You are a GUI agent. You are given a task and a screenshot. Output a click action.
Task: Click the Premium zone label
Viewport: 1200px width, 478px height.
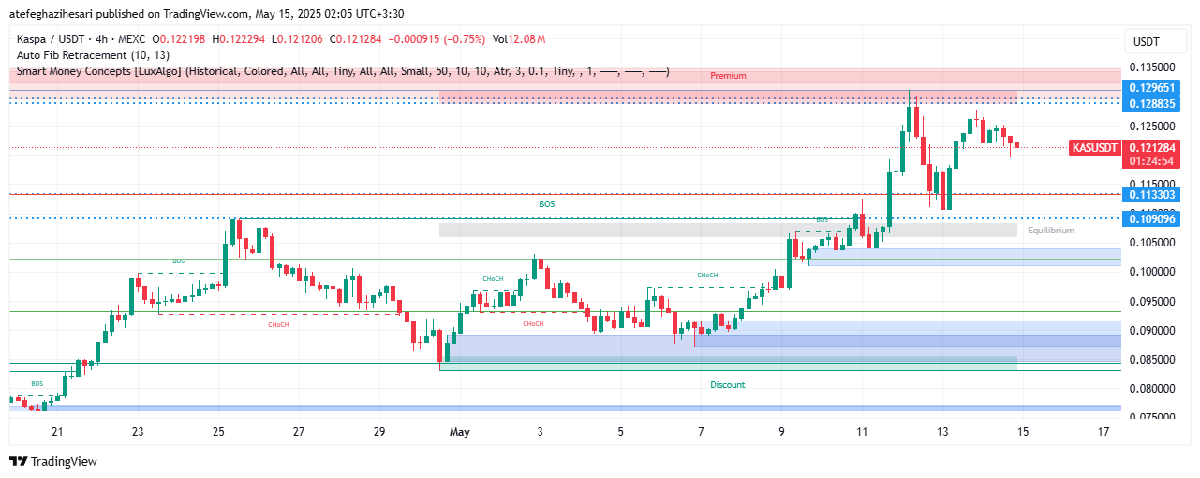pyautogui.click(x=728, y=75)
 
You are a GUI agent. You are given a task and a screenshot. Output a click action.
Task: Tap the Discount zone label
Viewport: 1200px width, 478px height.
pyautogui.click(x=728, y=385)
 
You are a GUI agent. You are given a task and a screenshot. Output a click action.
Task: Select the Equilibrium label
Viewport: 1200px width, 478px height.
pyautogui.click(x=1051, y=230)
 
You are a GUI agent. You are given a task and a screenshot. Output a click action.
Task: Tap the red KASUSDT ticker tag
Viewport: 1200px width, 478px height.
pyautogui.click(x=1095, y=147)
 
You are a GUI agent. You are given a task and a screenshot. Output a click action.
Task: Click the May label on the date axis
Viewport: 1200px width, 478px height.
pyautogui.click(x=459, y=432)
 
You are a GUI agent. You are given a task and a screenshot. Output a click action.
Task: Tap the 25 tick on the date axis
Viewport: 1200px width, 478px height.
pyautogui.click(x=218, y=432)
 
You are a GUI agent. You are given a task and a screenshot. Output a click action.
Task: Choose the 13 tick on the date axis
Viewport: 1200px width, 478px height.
pyautogui.click(x=942, y=432)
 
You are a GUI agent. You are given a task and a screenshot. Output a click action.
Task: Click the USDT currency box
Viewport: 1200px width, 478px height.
pyautogui.click(x=1146, y=41)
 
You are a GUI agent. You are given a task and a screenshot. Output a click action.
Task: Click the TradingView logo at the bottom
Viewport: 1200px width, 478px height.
pyautogui.click(x=53, y=461)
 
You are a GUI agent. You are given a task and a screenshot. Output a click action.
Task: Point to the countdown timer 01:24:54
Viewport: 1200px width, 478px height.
pyautogui.click(x=1153, y=161)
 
